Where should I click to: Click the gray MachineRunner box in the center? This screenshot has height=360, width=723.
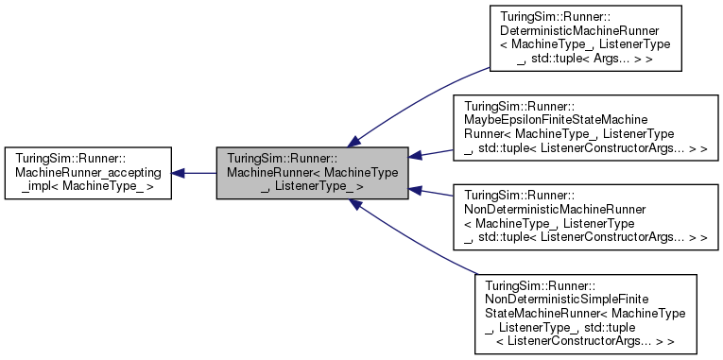pos(312,173)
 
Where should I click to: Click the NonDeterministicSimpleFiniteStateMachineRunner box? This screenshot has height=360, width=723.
pos(587,313)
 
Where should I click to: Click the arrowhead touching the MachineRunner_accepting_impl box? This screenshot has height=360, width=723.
pos(178,173)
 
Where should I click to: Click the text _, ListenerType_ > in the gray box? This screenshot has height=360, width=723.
pos(312,187)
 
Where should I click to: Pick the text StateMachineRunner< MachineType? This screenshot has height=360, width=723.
pos(585,311)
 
